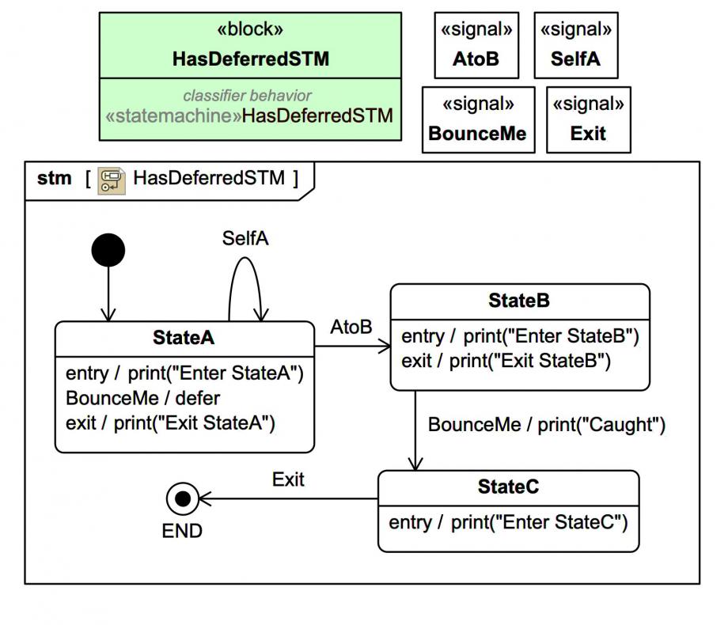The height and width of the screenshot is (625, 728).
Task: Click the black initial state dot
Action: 108,252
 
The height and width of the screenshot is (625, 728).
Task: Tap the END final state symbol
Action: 183,498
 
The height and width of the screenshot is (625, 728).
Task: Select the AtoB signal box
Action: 476,44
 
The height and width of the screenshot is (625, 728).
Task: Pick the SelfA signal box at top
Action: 575,44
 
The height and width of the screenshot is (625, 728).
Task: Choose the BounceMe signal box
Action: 476,119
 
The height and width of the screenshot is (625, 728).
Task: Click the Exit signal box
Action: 588,119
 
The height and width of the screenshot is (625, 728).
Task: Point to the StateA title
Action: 184,338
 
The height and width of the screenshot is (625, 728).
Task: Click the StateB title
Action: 519,301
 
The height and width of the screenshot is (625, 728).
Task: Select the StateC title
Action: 508,487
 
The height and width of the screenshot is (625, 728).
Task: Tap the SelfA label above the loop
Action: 245,239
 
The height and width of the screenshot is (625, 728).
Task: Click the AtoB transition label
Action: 351,327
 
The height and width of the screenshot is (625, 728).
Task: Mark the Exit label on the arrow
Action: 288,479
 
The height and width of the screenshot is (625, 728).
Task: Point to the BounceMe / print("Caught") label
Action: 546,425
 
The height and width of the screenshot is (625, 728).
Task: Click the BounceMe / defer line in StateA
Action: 143,398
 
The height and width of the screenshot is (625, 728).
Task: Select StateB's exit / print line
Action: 506,362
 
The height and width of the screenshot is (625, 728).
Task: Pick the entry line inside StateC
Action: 507,522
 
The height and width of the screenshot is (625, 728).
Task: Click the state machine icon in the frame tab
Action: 111,180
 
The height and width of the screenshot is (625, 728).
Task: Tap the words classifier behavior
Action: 248,96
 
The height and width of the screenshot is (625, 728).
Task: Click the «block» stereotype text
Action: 250,29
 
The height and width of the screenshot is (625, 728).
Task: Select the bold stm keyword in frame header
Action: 54,178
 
